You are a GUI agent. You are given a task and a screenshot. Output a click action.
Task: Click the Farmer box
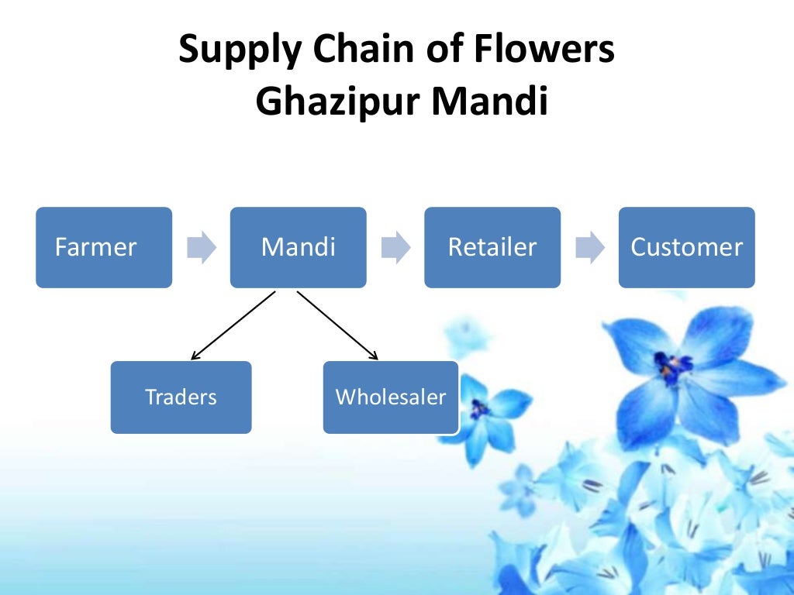point(104,247)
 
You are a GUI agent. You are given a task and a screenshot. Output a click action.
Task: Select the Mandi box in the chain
point(298,247)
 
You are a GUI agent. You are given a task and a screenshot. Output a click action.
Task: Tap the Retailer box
point(492,247)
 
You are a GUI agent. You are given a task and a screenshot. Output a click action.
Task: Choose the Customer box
point(686,247)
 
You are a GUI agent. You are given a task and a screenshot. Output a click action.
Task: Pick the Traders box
point(181,397)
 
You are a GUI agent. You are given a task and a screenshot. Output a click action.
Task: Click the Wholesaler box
point(391,397)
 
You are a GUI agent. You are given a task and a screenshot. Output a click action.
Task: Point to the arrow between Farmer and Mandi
point(202,247)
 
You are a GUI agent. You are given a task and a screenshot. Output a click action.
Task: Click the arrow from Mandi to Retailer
point(395,247)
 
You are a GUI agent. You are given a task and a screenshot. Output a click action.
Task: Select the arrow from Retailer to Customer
point(589,247)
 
